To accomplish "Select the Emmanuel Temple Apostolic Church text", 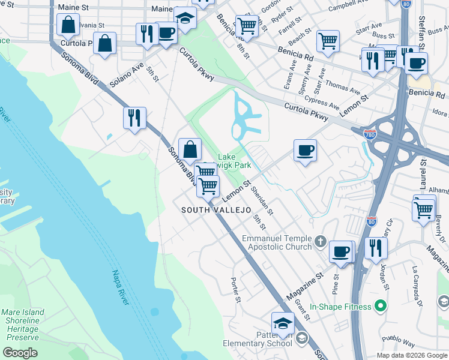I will [x=277, y=242].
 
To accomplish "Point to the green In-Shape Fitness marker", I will [x=379, y=307].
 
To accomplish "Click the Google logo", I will [x=20, y=353].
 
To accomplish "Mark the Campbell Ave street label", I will [x=349, y=5].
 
